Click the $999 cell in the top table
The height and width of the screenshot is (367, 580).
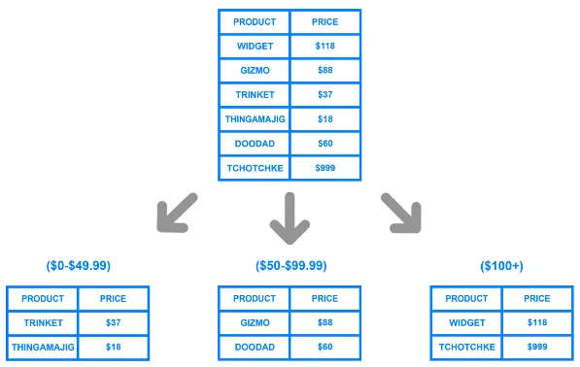(325, 167)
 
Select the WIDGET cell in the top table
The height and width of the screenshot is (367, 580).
(256, 46)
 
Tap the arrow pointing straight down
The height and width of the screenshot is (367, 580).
(289, 217)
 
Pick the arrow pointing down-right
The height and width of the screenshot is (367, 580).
(400, 214)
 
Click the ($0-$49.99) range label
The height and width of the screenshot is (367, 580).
(79, 265)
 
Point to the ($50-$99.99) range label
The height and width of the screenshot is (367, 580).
(290, 265)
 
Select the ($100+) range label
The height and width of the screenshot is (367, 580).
(501, 265)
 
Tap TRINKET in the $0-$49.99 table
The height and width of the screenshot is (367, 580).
(43, 322)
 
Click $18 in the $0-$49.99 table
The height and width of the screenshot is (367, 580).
(113, 347)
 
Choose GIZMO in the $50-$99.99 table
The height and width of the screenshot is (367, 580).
(255, 322)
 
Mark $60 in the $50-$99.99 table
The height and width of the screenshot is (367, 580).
(325, 347)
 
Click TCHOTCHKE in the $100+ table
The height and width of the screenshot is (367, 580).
(467, 347)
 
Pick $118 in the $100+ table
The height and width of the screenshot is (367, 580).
(536, 322)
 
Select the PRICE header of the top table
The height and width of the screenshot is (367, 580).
(325, 21)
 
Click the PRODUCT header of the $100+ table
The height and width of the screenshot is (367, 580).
(467, 298)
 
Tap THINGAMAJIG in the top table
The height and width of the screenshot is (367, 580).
(256, 118)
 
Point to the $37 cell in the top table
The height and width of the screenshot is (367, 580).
(325, 94)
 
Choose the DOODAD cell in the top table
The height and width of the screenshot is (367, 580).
(256, 143)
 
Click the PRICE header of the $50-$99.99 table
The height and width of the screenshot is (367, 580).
(325, 298)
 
